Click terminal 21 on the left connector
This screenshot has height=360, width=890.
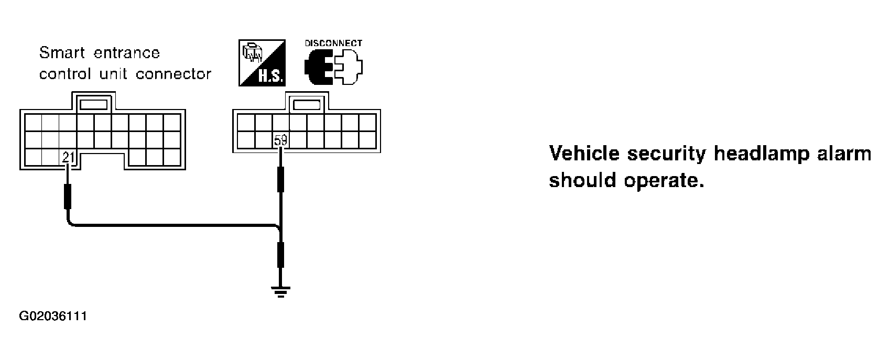click(68, 157)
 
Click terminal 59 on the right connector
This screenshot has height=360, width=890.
click(280, 140)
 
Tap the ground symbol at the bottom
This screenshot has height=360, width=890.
click(280, 292)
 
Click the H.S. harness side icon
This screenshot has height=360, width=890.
click(262, 63)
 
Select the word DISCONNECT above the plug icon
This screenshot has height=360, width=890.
click(333, 43)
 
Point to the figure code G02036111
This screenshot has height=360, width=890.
click(53, 317)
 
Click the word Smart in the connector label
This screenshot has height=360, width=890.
click(62, 52)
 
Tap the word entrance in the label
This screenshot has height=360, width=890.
click(127, 53)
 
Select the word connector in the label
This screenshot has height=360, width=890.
click(173, 74)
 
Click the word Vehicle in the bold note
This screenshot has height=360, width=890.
click(584, 154)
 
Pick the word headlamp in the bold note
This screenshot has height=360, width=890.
click(762, 154)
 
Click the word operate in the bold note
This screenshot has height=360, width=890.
click(664, 181)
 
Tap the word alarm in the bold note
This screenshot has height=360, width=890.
click(844, 154)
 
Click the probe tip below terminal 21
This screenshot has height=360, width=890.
click(68, 197)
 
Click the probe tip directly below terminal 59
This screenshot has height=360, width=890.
click(280, 179)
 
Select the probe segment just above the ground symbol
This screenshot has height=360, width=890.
click(280, 255)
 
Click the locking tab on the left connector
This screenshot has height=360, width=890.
click(94, 105)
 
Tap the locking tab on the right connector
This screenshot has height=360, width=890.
click(307, 105)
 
